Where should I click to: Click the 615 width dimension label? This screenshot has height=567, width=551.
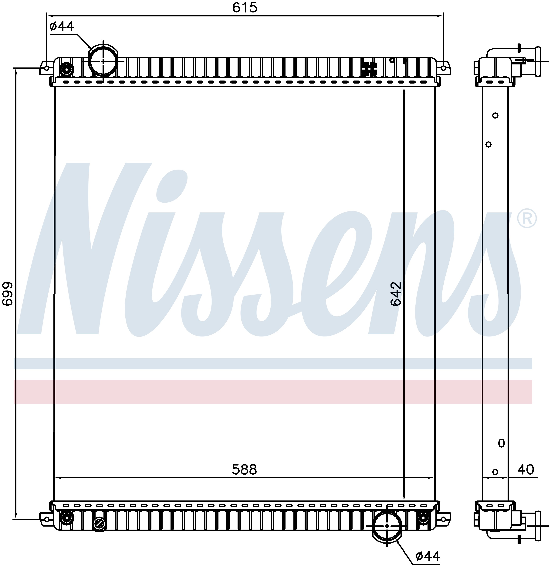pyautogui.click(x=245, y=8)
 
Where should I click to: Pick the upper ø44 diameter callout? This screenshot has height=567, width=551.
pyautogui.click(x=62, y=26)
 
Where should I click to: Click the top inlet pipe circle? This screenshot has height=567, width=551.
pyautogui.click(x=103, y=61)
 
